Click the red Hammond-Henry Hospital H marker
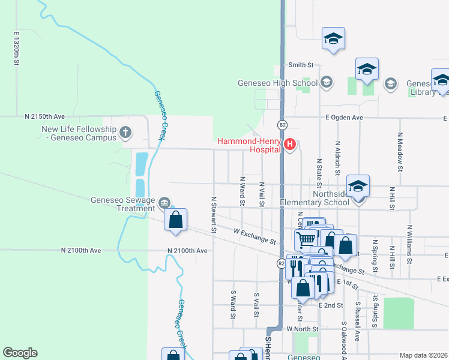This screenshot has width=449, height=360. [x=291, y=144]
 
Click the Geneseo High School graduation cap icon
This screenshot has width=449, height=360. [x=327, y=82]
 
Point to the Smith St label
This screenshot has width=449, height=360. [x=301, y=65]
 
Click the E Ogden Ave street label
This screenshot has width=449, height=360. [x=345, y=118]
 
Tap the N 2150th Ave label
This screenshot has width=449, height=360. [x=44, y=115]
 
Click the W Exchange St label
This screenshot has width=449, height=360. [x=255, y=236]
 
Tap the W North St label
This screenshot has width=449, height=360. [x=301, y=329]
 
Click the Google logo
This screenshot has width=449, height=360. [x=20, y=353]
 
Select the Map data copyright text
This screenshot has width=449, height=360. [x=423, y=355]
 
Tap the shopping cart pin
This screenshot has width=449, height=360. [x=306, y=239]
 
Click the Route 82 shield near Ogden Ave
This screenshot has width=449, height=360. [x=282, y=124]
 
